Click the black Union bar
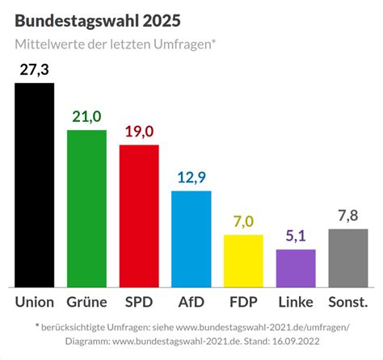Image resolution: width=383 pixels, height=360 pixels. (x=35, y=185)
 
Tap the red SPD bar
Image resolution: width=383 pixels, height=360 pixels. (x=139, y=216)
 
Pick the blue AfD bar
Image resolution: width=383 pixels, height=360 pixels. (x=191, y=239)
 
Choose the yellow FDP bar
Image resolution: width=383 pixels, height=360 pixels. (x=243, y=261)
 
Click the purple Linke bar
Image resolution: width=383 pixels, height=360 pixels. (x=296, y=268)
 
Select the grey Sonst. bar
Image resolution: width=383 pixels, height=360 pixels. (x=348, y=257)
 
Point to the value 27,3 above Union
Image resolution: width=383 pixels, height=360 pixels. (x=35, y=70)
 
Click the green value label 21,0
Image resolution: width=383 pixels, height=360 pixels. (x=86, y=117)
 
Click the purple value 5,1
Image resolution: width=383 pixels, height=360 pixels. (x=296, y=237)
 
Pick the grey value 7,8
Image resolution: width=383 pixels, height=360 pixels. (x=348, y=216)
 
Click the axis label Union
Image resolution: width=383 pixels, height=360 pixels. (x=35, y=303)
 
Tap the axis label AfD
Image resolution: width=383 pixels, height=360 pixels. (x=191, y=303)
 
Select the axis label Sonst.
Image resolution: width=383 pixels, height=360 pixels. (x=348, y=303)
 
